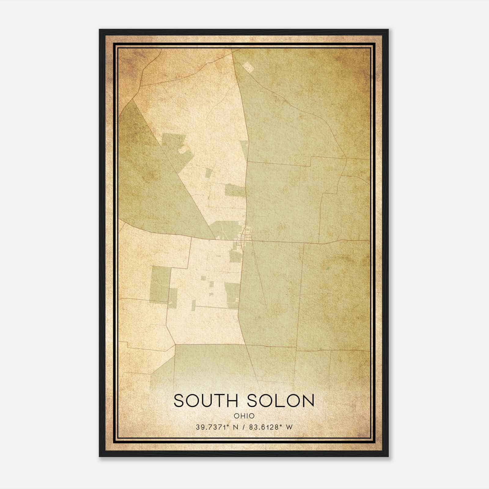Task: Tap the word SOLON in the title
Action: [x=281, y=401]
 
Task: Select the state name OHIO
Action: [x=244, y=416]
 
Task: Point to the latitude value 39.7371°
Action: [x=212, y=427]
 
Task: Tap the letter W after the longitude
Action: [x=289, y=427]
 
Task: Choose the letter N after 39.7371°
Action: [x=236, y=427]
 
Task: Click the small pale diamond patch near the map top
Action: [x=249, y=67]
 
